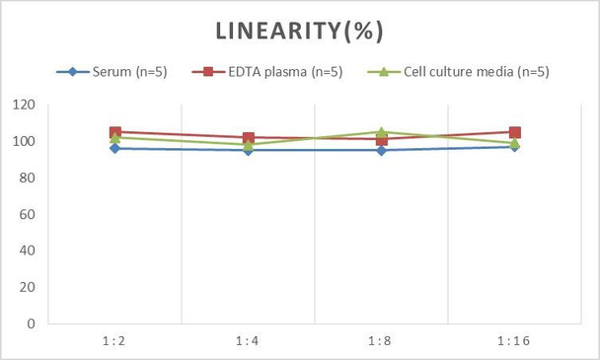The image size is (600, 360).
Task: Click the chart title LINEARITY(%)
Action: tap(299, 31)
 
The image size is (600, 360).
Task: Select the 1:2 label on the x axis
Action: tap(114, 340)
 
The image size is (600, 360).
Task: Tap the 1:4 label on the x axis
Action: tap(248, 340)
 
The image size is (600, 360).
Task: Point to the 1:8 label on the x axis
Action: tap(381, 340)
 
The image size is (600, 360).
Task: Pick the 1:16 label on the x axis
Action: tap(514, 340)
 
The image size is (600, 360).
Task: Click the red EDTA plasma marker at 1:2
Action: tap(114, 132)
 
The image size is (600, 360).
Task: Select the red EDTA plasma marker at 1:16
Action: tap(514, 132)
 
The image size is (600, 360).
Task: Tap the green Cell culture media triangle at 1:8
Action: tap(381, 131)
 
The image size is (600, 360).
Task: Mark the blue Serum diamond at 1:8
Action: tap(381, 150)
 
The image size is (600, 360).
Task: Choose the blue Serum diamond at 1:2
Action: tap(114, 148)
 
